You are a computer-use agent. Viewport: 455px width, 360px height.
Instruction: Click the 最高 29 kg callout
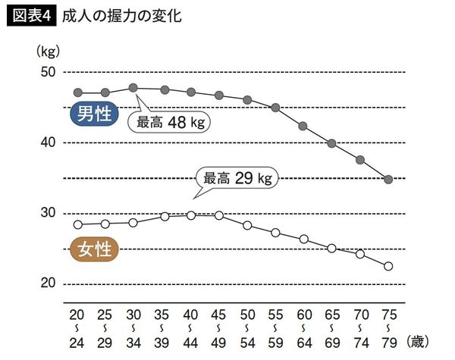(237, 179)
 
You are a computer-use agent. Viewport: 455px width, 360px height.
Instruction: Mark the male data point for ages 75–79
(388, 180)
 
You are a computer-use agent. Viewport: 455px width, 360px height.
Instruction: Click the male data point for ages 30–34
(133, 88)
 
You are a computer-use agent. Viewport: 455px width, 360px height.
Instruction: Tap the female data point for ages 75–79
(388, 266)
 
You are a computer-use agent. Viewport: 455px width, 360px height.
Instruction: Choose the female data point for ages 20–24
(77, 224)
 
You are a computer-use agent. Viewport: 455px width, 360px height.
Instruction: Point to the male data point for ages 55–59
(275, 108)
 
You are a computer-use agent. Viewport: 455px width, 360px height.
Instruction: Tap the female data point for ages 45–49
(218, 215)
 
